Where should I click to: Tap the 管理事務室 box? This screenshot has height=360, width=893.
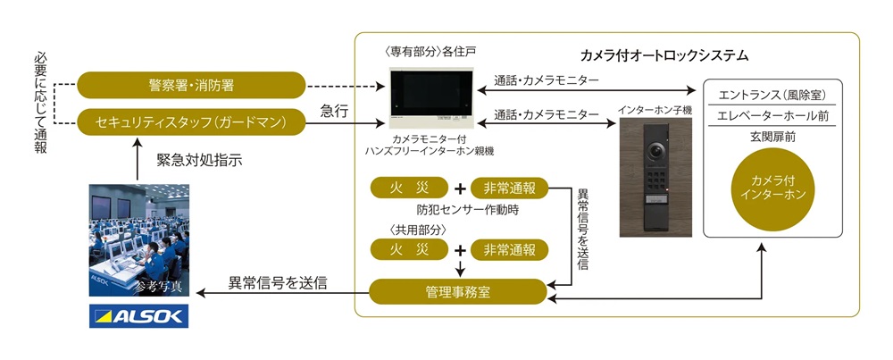tap(456, 291)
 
